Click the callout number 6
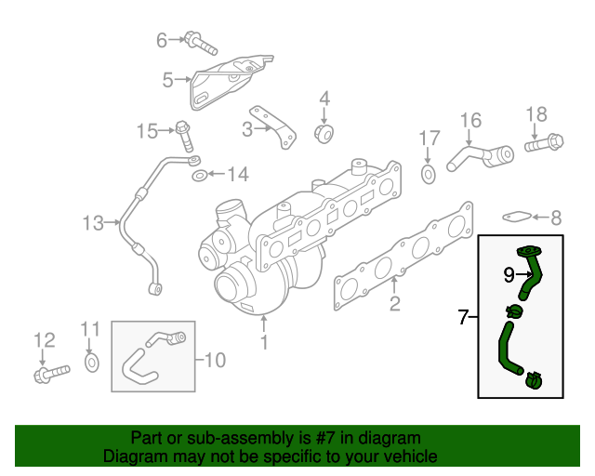pos(161,40)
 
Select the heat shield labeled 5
pos(229,80)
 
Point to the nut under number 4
pos(324,134)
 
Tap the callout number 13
pos(93,223)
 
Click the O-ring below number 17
pos(428,174)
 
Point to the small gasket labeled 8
pos(518,218)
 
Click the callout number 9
pos(509,274)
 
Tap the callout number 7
pos(463,318)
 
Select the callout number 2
pos(394,304)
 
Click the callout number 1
pos(263,344)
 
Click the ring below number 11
pos(90,361)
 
